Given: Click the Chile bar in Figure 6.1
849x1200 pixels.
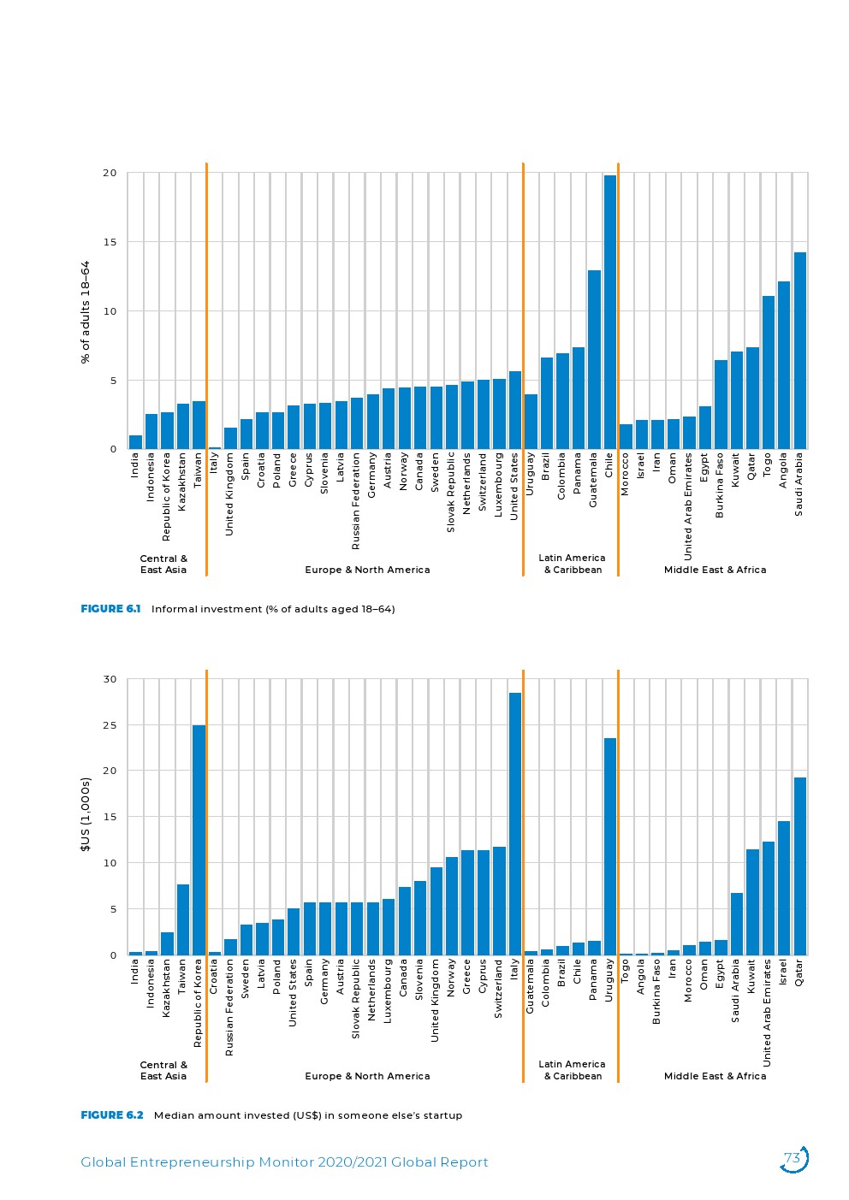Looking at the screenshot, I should pos(609,312).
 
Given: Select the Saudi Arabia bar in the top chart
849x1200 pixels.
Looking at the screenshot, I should pos(799,351).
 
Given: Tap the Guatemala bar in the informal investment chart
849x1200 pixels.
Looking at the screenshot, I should pos(594,359).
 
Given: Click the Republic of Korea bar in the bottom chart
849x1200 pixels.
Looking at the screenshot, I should pos(199,840).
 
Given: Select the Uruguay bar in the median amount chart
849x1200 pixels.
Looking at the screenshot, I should pos(609,847).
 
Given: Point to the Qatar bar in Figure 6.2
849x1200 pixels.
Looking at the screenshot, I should pos(799,866).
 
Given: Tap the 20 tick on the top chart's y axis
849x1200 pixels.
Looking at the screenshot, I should pos(110,173).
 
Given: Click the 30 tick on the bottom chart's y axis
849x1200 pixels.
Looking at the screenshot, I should pos(110,679).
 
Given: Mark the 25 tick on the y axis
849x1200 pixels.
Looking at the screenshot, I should pos(110,725).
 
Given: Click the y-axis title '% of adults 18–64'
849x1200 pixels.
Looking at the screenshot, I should pos(86,312).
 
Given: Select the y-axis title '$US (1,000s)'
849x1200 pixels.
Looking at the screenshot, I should pos(86,814).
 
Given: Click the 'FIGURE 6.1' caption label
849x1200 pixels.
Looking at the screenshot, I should pos(110,609).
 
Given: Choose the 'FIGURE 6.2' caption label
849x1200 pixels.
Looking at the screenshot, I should pos(112,1115).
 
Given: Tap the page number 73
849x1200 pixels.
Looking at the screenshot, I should pos(793,1159).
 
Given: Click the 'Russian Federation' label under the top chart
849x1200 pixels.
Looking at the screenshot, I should pos(356,501).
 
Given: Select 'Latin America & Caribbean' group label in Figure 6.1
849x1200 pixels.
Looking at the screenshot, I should pos(572,564).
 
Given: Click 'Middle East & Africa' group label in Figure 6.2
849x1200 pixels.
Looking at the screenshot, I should pos(715,1076).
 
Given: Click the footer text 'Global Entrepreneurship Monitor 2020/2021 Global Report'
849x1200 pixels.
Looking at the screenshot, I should pos(284,1162).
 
